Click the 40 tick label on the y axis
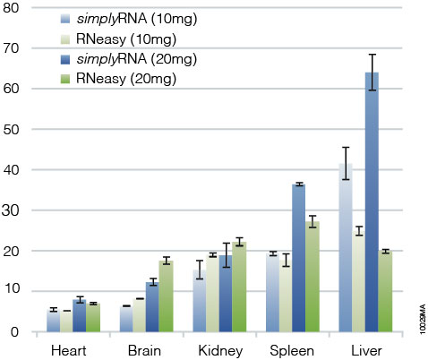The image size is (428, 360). pyautogui.click(x=16, y=170)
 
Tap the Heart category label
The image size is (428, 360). pyautogui.click(x=68, y=347)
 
